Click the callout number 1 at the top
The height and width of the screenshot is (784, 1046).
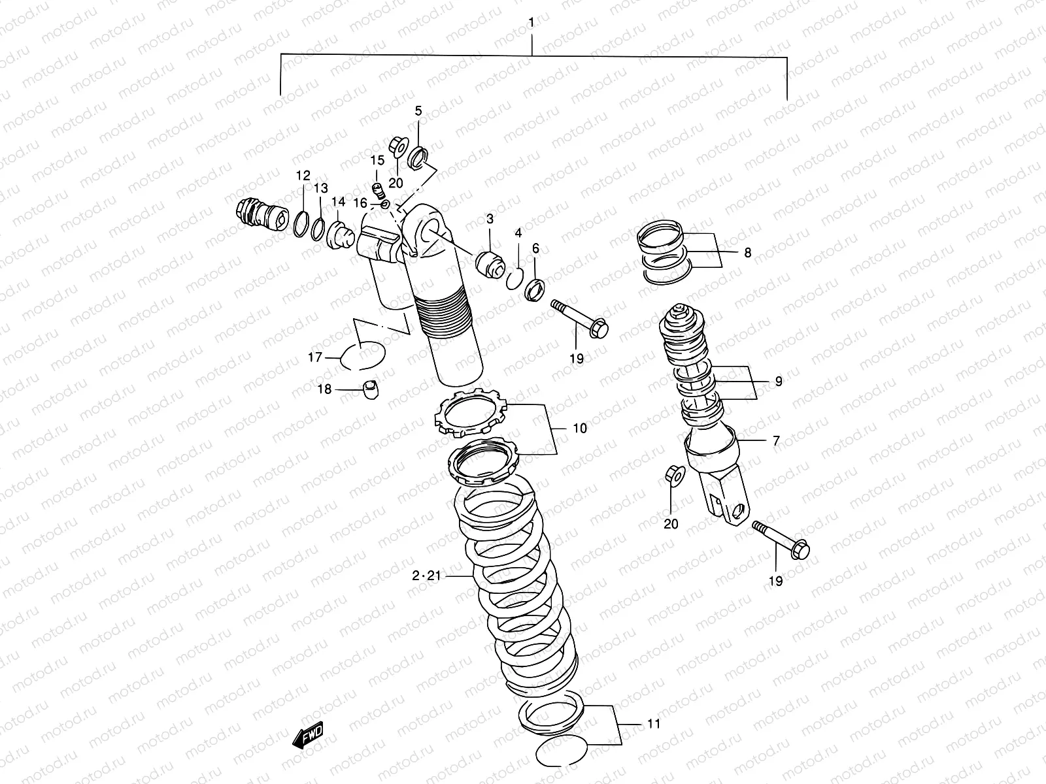531,23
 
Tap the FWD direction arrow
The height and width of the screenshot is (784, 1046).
309,736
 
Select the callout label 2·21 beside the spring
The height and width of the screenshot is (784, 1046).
427,576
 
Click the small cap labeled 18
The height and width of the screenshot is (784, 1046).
372,389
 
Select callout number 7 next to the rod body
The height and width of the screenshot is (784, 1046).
776,441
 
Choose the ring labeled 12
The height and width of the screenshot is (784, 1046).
301,224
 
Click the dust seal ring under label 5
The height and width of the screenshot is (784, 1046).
418,157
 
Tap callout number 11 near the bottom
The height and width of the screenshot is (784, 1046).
654,724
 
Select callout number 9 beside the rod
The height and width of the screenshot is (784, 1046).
778,381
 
